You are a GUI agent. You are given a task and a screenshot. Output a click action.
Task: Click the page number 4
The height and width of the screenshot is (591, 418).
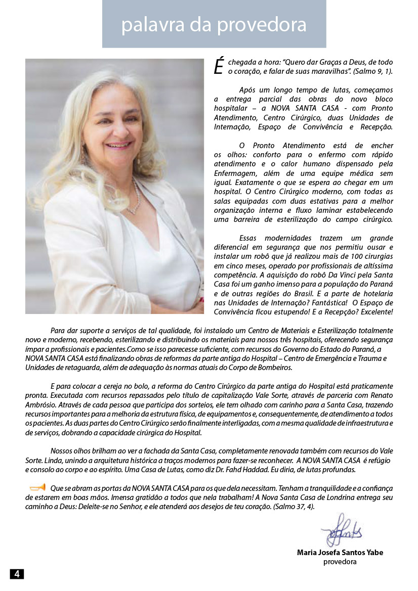point(17,574)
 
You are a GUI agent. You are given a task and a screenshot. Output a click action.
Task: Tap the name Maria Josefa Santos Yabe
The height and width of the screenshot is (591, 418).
point(340,553)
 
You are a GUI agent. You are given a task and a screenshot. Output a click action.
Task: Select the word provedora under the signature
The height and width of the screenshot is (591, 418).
point(340,562)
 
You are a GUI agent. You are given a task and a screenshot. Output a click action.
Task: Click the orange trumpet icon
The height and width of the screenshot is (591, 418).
point(37,487)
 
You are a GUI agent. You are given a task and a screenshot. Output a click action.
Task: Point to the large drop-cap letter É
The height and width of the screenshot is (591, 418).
point(218,66)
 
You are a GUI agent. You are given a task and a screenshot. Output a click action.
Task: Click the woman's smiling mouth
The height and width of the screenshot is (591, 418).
point(119,145)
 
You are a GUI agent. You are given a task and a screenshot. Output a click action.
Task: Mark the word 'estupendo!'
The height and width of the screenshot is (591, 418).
point(289,312)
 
